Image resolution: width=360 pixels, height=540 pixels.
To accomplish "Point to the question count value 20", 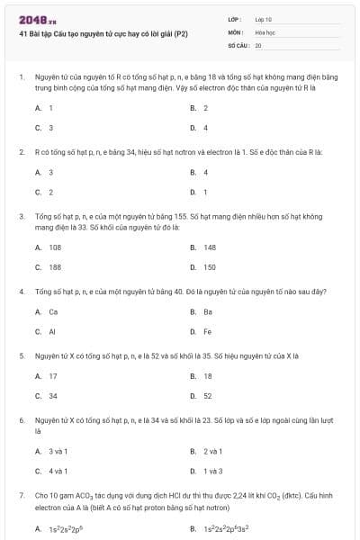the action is click(x=258, y=44).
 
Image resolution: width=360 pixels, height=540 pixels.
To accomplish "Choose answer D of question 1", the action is click(x=205, y=128).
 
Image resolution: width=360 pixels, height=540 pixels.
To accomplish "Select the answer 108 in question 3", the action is click(x=55, y=247).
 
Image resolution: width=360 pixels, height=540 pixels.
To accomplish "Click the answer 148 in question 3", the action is click(x=210, y=247).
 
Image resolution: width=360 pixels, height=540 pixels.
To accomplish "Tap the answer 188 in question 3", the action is click(x=55, y=267).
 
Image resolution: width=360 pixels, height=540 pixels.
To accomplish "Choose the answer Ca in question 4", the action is click(x=53, y=311).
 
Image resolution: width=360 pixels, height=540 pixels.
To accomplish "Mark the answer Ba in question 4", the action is click(x=208, y=311).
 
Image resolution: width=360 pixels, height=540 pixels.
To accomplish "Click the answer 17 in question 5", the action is click(x=53, y=376).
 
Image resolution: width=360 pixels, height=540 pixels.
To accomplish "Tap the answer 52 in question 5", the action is click(x=208, y=396).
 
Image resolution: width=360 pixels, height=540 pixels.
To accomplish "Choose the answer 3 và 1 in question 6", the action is click(x=58, y=450).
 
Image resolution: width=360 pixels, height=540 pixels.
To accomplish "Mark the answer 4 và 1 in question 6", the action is click(x=58, y=471).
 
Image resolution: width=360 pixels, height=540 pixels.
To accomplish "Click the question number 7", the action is click(x=21, y=495).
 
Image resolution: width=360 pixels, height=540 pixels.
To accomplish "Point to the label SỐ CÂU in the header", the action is click(x=238, y=44).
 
